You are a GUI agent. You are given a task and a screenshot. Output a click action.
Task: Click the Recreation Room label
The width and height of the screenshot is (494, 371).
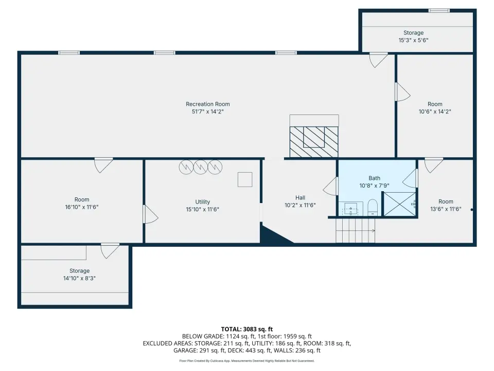point(207,104)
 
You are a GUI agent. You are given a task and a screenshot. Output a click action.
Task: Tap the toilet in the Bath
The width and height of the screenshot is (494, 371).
point(373,207)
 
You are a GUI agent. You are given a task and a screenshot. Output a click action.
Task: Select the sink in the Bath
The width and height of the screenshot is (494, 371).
point(350,209)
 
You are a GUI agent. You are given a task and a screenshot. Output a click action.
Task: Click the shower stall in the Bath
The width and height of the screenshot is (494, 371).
point(399,204)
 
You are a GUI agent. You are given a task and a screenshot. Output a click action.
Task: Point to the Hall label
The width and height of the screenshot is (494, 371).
point(300,198)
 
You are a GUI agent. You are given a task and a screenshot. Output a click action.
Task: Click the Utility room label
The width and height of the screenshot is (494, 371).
point(202,202)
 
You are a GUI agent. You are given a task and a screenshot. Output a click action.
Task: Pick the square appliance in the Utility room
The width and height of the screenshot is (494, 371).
point(245,179)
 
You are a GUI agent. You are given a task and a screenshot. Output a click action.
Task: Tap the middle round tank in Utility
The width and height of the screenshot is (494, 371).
point(200,167)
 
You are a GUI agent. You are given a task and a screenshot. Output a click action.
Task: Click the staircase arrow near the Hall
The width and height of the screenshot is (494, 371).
point(356,231)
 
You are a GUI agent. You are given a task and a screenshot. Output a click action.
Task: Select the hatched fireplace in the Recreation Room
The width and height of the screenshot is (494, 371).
point(314,142)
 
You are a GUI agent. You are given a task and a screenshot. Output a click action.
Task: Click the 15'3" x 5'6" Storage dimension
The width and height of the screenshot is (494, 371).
point(413,40)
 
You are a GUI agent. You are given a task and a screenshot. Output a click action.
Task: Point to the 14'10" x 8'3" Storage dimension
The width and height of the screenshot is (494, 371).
point(79,278)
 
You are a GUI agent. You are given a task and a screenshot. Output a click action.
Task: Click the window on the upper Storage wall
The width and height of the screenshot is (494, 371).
point(439,11)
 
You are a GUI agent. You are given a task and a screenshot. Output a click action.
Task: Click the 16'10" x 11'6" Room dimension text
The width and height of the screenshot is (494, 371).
point(82,207)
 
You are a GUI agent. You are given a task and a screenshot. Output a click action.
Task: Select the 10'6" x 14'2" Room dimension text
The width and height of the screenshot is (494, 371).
point(435,112)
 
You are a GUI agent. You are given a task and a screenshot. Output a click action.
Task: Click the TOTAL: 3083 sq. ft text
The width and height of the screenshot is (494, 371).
point(247,329)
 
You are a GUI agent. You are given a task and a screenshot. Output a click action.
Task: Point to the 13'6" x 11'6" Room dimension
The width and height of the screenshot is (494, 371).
point(446,209)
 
